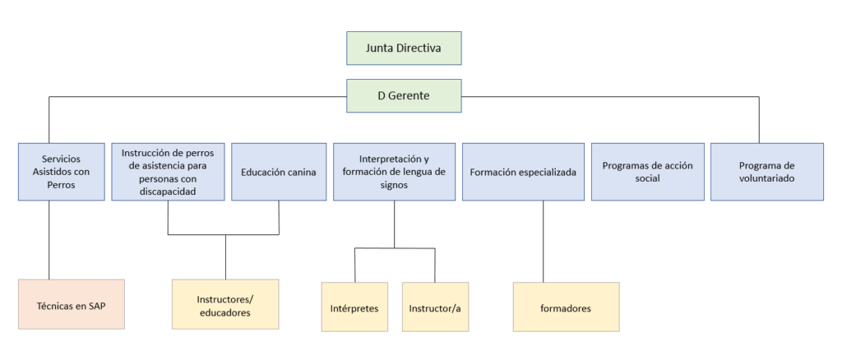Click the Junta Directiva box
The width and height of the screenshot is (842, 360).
[x=403, y=48]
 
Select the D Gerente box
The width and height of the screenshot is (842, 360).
[x=403, y=95]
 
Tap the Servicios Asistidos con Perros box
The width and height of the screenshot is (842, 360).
[x=61, y=172]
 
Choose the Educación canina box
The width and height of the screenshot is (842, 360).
[x=278, y=172]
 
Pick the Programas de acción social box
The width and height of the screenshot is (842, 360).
[x=647, y=172]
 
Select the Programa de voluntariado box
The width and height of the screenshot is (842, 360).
[x=766, y=172]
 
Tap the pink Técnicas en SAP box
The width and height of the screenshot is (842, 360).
[x=71, y=304]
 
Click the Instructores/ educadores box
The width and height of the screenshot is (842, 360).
[x=224, y=304]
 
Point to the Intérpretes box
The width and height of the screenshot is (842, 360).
[x=354, y=307]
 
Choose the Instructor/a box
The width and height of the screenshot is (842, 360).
[x=434, y=307]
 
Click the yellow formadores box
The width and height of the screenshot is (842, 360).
[x=566, y=307]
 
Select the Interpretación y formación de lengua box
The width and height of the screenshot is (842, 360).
[x=394, y=172]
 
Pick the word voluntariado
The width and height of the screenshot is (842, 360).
[x=766, y=178]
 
